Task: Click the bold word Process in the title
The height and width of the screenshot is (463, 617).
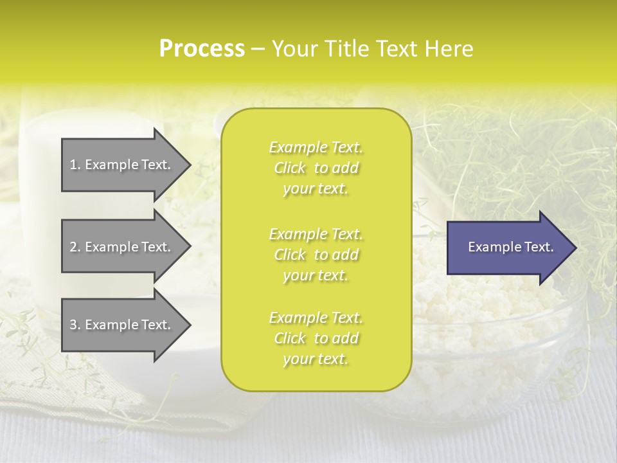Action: [x=202, y=49]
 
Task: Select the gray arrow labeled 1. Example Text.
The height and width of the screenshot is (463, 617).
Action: [x=122, y=165]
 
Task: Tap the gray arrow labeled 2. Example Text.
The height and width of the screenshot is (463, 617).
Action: [x=122, y=247]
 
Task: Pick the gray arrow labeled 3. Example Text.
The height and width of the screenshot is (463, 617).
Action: [x=122, y=325]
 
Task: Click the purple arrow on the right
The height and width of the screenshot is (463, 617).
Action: [x=508, y=248]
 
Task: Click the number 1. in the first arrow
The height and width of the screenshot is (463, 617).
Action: [x=75, y=165]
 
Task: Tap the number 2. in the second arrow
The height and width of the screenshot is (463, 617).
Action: [x=75, y=247]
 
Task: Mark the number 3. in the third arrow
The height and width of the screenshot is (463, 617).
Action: [x=75, y=325]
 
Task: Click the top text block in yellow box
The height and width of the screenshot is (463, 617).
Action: [x=316, y=168]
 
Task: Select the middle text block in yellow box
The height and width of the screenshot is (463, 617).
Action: [x=316, y=255]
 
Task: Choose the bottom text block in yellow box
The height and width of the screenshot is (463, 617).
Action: [x=316, y=338]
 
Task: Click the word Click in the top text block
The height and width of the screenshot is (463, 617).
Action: [x=290, y=168]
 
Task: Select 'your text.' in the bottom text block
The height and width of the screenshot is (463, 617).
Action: [x=316, y=359]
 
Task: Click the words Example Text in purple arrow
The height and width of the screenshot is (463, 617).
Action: [x=510, y=247]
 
